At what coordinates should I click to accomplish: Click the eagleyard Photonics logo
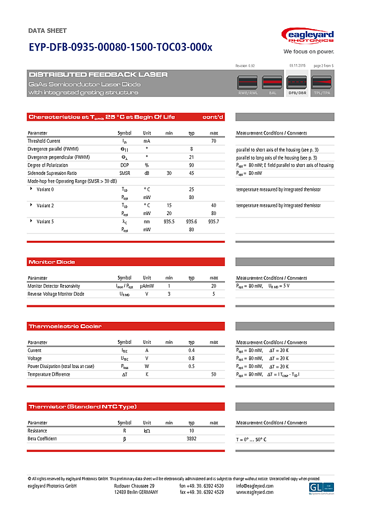pos(308,37)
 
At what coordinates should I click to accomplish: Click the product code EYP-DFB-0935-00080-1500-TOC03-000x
pos(120,48)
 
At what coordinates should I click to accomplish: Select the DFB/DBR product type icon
pos(298,84)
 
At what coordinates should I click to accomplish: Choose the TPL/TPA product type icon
pos(322,84)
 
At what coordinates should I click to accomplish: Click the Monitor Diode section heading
pos(52,262)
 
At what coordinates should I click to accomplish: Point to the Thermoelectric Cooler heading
pos(65,326)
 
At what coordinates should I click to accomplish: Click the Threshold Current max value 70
pos(214,141)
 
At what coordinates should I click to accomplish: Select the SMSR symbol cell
pos(124,173)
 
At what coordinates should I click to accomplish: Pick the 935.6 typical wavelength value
pos(191,221)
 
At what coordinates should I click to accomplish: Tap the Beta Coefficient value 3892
pos(191,439)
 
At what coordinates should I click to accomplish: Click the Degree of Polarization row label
pos(48,165)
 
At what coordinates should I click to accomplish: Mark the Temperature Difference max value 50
pos(214,374)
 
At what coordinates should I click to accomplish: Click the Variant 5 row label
pos(45,221)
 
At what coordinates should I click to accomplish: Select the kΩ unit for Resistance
pos(147,431)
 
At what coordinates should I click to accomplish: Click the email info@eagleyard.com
pos(254,486)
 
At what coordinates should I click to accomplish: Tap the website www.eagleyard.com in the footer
pos(254,492)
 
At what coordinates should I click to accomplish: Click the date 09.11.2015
pos(297,66)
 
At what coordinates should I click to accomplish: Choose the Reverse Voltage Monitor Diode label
pos(56,294)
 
